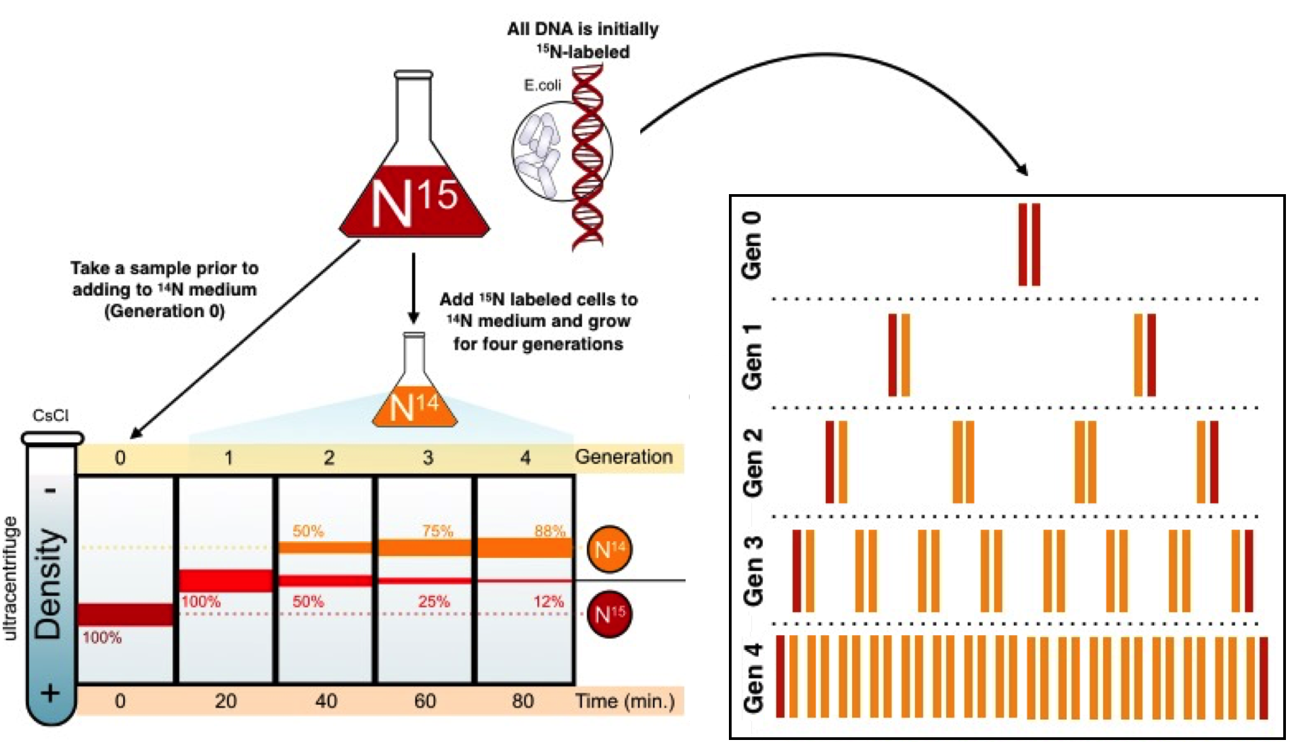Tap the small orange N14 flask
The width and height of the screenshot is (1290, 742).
click(x=414, y=405)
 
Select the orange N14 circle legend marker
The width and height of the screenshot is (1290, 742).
click(x=609, y=549)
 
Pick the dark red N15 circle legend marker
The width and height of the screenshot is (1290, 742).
click(x=609, y=613)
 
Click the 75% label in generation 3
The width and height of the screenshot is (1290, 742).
click(x=437, y=531)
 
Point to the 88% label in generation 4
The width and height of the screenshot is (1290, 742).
click(x=549, y=531)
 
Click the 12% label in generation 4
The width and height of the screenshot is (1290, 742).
click(x=548, y=601)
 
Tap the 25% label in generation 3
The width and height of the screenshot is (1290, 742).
click(x=434, y=601)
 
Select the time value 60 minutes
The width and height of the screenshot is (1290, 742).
click(x=425, y=701)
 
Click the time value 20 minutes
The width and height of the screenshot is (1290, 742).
click(x=225, y=701)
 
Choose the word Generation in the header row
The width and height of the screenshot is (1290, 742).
click(x=623, y=457)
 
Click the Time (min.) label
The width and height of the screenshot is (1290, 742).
click(x=625, y=701)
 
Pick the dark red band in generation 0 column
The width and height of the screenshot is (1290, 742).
click(x=125, y=614)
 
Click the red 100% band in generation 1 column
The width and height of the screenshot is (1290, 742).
click(x=225, y=580)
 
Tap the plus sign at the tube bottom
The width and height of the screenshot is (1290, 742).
click(x=51, y=694)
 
